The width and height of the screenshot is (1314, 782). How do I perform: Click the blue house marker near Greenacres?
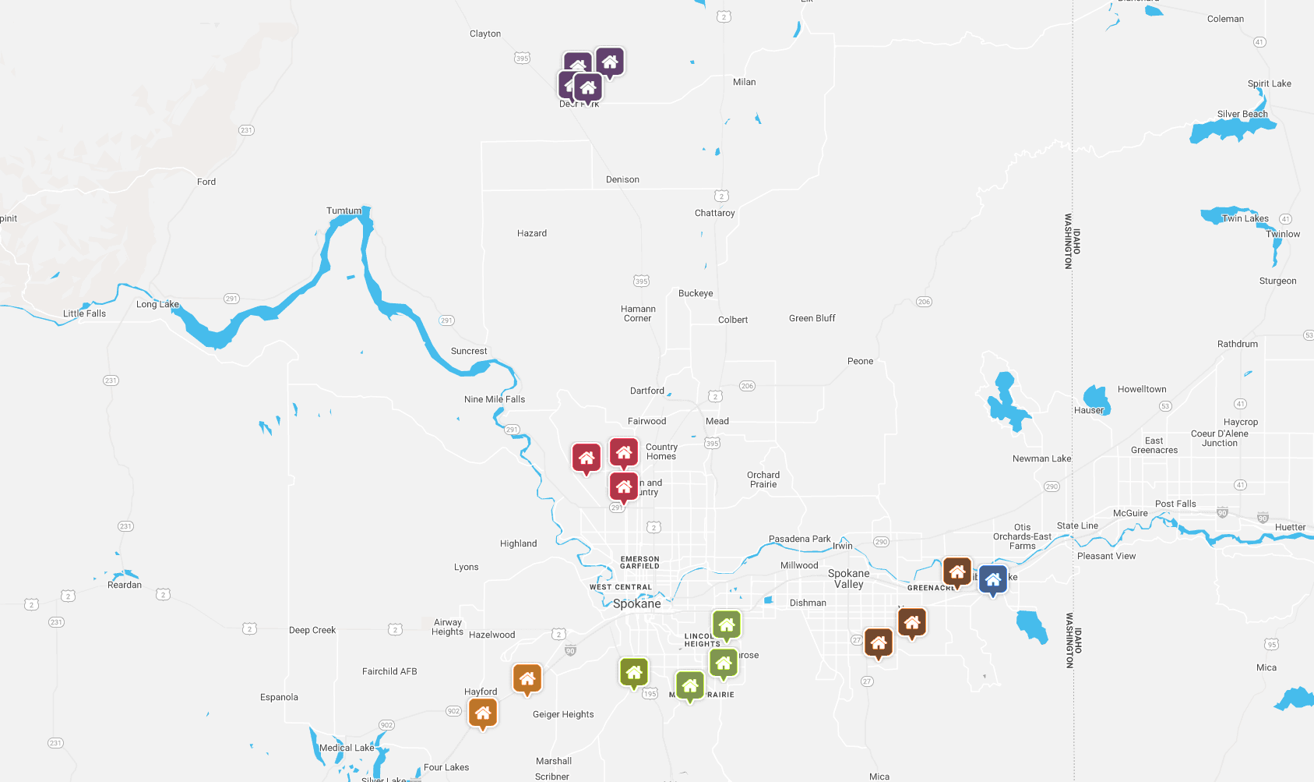(992, 579)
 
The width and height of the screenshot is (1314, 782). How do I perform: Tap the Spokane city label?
(636, 603)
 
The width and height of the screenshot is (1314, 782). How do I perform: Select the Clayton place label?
(485, 34)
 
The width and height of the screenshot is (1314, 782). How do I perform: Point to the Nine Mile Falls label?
(495, 399)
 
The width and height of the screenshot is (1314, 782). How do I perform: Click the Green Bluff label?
(812, 318)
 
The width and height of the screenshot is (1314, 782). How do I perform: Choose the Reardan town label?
(125, 585)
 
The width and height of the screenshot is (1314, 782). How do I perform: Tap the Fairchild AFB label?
(389, 671)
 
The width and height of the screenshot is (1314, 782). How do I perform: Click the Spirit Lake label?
(1269, 83)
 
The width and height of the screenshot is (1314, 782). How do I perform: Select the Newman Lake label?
(1041, 458)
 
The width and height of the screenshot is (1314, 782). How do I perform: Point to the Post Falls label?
(1175, 504)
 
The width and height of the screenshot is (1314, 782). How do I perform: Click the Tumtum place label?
(343, 211)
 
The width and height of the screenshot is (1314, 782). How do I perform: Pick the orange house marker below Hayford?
(483, 713)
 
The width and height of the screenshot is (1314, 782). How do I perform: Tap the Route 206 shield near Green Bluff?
(924, 302)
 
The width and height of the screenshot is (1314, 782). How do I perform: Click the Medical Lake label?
(347, 748)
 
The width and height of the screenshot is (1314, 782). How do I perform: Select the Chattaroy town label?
(714, 213)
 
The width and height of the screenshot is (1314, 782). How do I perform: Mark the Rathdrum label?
(1237, 344)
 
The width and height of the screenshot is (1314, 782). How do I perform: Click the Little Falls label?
(84, 313)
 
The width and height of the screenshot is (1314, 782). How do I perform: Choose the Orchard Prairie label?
(763, 479)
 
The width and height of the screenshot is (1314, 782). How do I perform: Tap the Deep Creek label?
(312, 630)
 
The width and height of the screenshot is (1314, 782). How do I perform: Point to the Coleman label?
(1225, 19)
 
